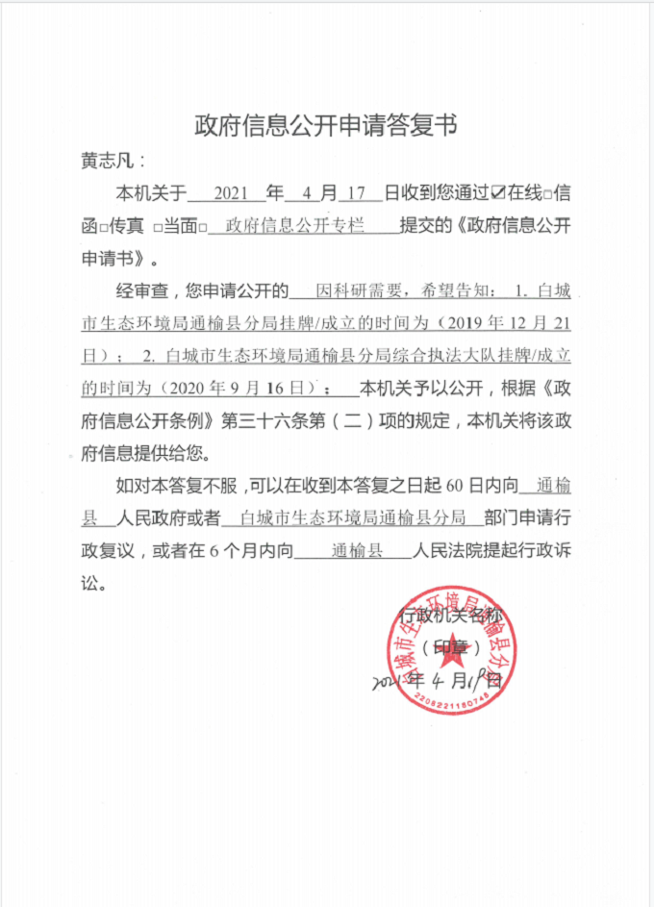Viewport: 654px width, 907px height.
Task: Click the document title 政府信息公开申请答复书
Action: (326, 125)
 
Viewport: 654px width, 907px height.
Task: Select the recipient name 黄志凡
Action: (108, 161)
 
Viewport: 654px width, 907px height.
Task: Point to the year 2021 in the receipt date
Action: (232, 193)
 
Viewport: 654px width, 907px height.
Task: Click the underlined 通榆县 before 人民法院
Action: (357, 552)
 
